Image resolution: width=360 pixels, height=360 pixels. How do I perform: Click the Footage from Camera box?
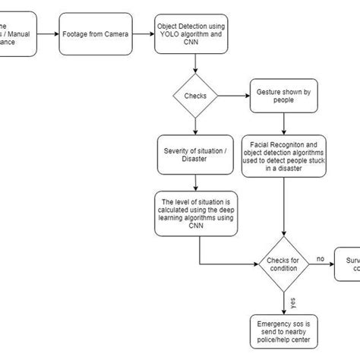[95, 33]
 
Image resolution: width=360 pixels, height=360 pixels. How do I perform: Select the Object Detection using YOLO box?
[191, 33]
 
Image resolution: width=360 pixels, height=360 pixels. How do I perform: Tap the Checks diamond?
[196, 96]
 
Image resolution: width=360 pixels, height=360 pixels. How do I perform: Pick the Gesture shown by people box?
[284, 96]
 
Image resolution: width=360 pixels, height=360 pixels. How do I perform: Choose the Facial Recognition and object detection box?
[284, 156]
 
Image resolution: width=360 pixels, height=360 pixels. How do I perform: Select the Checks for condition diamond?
[284, 264]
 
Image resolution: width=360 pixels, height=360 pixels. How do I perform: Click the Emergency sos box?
[284, 330]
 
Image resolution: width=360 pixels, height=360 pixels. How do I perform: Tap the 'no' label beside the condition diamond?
[321, 258]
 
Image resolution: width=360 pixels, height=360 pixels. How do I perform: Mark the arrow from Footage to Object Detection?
[142, 33]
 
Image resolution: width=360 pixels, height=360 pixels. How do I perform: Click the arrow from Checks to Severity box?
[196, 126]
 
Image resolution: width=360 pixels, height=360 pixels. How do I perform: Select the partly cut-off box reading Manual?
[17, 33]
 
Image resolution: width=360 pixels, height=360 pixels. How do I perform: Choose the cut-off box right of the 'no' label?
[348, 264]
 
